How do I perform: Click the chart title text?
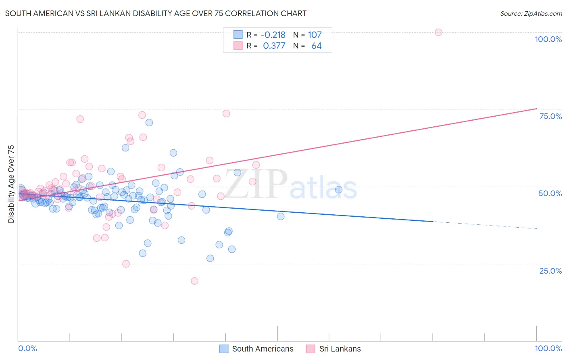[x=156, y=13]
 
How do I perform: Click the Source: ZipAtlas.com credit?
[x=531, y=13]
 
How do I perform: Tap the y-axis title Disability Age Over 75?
[x=11, y=184]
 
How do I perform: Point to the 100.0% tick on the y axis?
[x=548, y=39]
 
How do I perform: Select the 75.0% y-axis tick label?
[x=550, y=116]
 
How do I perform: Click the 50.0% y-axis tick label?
[x=550, y=193]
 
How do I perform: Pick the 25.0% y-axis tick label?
[x=550, y=270]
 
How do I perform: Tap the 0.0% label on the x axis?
[x=28, y=348]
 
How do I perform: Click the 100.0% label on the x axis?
[x=548, y=348]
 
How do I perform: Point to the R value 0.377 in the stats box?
[x=274, y=46]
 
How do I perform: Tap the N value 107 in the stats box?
[x=315, y=35]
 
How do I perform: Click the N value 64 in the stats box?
[x=316, y=46]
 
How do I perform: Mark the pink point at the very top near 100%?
[x=438, y=32]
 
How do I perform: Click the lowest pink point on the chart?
[x=194, y=281]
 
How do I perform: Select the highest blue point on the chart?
[x=149, y=123]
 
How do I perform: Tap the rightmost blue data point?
[x=339, y=190]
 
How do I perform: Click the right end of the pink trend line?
[x=536, y=109]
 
